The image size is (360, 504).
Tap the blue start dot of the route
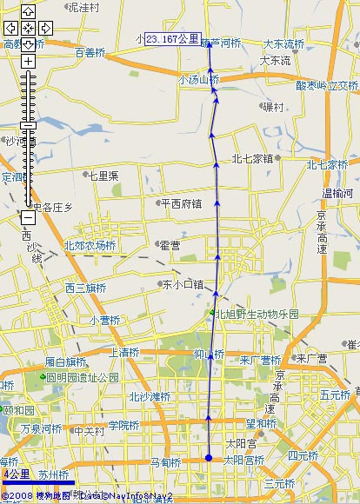(x=209, y=458)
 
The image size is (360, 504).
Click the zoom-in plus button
(x=28, y=61)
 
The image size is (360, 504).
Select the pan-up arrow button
(x=28, y=11)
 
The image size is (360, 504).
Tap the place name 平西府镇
(x=181, y=204)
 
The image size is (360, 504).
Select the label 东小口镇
(x=182, y=284)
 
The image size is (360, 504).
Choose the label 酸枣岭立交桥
(x=327, y=86)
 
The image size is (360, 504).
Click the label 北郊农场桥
(x=90, y=246)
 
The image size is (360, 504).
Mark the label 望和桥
(x=260, y=424)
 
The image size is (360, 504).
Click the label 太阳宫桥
(x=243, y=460)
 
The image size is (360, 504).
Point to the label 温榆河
(x=338, y=193)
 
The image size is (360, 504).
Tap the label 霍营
(x=169, y=246)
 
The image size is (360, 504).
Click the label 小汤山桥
(x=198, y=79)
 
